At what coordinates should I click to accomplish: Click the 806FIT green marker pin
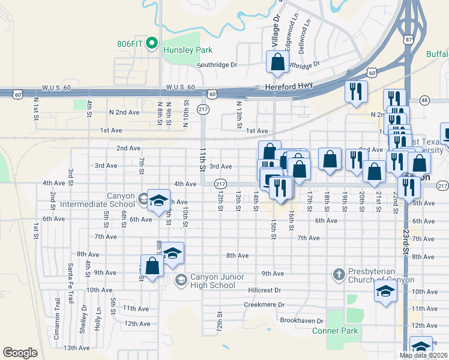pos(152,43)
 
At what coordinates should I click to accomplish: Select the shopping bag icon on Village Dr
pos(277,62)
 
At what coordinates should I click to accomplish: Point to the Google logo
pos(20,353)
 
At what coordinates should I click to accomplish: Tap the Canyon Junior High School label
pos(212,280)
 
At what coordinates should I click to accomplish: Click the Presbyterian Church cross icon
pos(339,275)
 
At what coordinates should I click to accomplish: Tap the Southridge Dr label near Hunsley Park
pos(217,65)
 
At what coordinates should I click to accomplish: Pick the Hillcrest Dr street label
pos(264,290)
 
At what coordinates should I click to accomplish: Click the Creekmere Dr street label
pos(264,305)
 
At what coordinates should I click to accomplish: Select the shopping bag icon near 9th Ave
pos(152,266)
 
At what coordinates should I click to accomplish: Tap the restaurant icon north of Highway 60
pos(356,92)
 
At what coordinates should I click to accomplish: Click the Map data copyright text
pos(423,355)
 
